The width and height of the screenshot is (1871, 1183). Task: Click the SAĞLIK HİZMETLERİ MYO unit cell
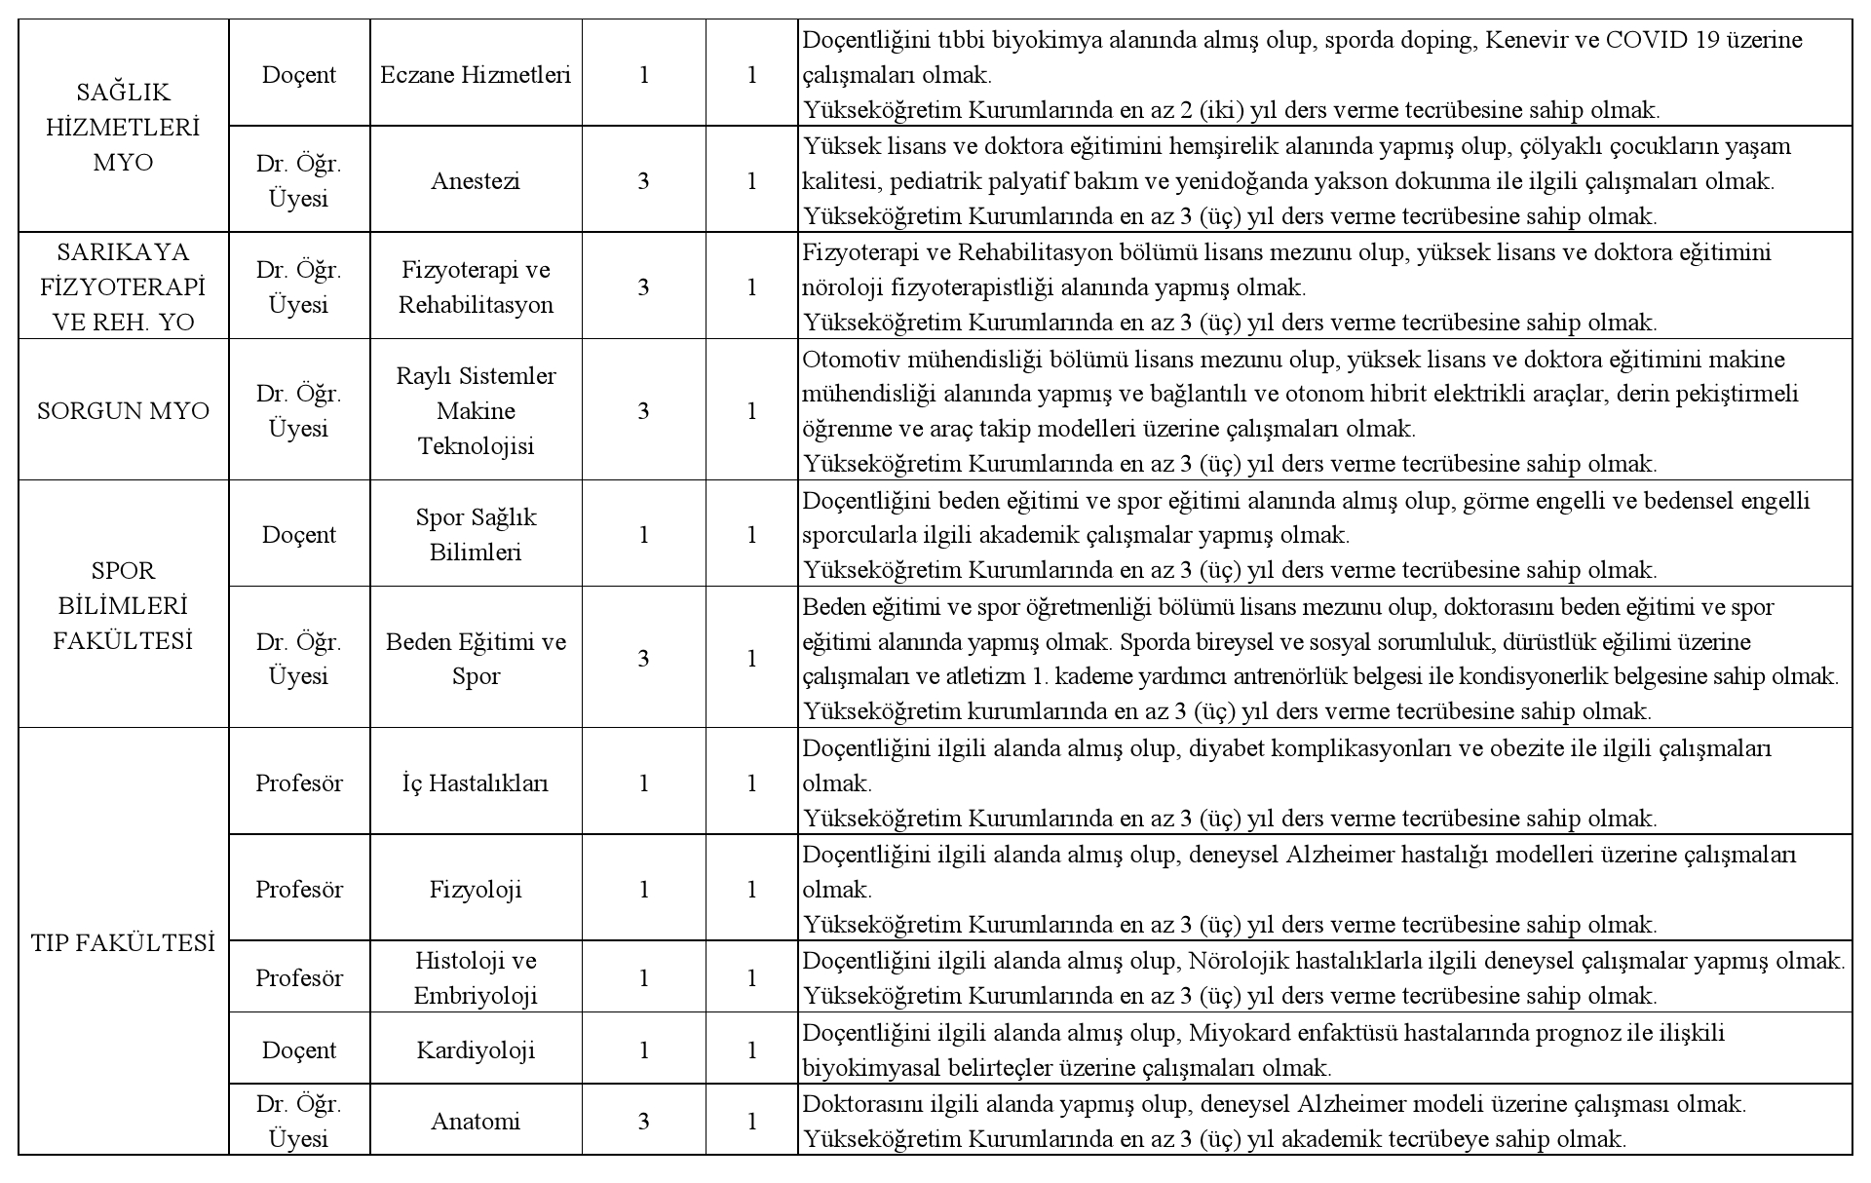[x=123, y=127]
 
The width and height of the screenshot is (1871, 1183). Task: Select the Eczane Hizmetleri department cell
[x=476, y=75]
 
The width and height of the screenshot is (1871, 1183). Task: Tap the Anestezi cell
[x=476, y=181]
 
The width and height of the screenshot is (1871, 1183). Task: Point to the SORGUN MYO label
[x=123, y=411]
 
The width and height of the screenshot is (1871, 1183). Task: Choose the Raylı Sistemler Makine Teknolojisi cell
[x=476, y=411]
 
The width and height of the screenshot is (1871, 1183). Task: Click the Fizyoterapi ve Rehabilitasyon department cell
[x=476, y=287]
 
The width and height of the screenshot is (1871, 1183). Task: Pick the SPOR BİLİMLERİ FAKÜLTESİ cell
[x=123, y=605]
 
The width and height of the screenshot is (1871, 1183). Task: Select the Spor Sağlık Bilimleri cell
[x=476, y=535]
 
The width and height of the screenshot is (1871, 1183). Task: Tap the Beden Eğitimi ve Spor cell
[x=476, y=659]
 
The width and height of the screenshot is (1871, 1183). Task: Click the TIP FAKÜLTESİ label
[x=123, y=943]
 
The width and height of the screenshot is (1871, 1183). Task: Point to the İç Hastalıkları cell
[x=476, y=783]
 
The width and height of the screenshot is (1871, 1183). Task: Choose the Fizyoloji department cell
[x=476, y=890]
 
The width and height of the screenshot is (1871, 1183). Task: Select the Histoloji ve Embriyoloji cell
[x=476, y=978]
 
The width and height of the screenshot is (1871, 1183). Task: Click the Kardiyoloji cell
[x=476, y=1050]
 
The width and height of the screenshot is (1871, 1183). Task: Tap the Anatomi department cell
[x=476, y=1122]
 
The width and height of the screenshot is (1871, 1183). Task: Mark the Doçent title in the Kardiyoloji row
[x=299, y=1050]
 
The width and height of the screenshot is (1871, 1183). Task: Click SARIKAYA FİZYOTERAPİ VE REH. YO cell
[x=123, y=287]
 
